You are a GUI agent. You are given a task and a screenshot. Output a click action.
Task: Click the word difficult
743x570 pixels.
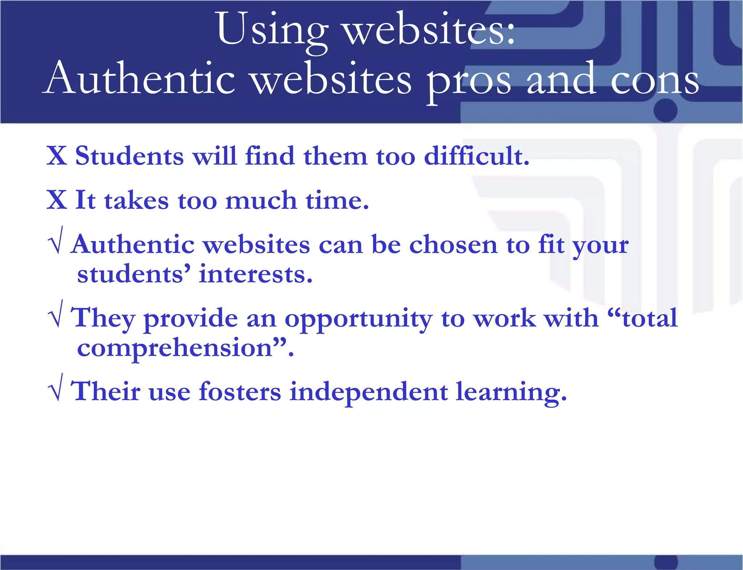476,156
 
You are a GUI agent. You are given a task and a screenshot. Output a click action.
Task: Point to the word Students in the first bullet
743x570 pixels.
130,156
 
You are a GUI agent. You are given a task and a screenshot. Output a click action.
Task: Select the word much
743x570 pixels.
261,200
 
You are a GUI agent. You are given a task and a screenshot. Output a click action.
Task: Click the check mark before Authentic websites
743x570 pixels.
56,240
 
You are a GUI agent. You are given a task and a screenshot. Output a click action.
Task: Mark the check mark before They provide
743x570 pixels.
56,314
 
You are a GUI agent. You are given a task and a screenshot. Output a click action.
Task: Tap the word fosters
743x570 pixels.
240,391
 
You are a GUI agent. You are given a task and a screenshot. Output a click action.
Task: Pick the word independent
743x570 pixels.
369,391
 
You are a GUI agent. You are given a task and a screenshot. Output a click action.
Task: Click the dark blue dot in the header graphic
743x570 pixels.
666,110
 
